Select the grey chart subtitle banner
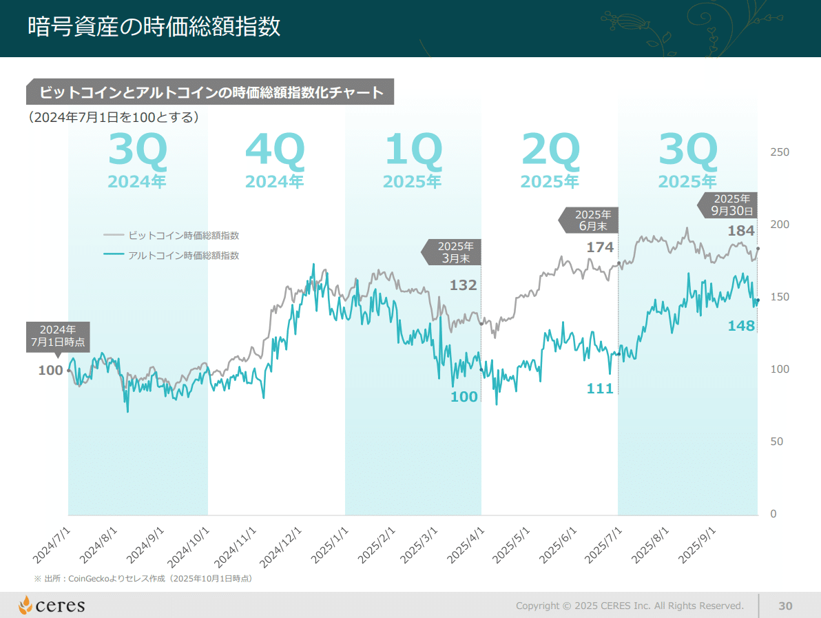coord(210,92)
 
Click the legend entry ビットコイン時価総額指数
coord(183,236)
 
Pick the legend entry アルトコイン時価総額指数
coord(183,256)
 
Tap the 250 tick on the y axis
coord(780,152)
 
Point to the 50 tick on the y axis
coord(776,442)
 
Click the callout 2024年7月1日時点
coord(58,336)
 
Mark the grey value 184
coord(741,231)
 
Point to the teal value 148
coord(741,326)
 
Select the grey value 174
coord(599,247)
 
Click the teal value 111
coord(599,389)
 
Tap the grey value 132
coord(463,285)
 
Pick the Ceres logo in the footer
coord(52,606)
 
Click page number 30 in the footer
coord(785,606)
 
